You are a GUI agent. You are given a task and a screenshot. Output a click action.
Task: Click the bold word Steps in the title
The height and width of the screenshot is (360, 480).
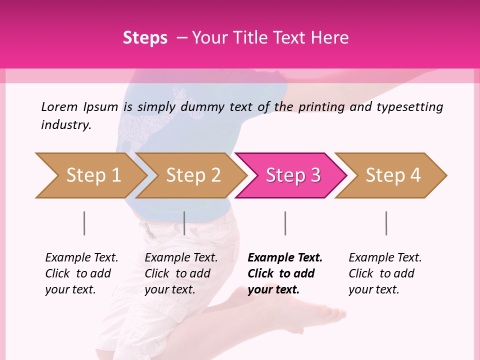point(145,38)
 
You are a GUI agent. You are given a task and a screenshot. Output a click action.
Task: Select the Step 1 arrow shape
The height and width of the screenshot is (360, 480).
point(90,175)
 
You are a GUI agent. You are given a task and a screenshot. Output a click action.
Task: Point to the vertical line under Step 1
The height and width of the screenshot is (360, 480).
point(84,223)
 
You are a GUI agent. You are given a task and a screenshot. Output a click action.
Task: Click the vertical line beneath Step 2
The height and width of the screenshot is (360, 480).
point(184,223)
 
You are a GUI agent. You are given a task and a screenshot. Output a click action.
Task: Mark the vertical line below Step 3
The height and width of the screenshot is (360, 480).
point(285,223)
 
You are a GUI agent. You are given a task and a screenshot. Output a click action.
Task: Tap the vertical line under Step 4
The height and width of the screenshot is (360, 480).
point(386,223)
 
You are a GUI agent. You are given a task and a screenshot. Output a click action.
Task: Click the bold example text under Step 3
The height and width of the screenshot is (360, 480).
point(284,273)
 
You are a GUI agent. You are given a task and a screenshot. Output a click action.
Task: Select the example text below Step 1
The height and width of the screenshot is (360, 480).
point(81,273)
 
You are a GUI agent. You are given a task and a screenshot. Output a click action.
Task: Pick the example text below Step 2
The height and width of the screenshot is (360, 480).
point(180,273)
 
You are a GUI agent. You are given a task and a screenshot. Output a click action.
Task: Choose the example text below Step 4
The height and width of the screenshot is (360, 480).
point(384,273)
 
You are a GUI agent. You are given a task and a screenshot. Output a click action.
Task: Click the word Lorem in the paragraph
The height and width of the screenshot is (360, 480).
point(59,107)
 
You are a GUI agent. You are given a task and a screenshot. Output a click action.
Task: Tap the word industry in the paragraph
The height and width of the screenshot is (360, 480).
point(65,125)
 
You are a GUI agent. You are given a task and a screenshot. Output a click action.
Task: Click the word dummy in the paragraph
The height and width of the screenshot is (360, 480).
point(202,107)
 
